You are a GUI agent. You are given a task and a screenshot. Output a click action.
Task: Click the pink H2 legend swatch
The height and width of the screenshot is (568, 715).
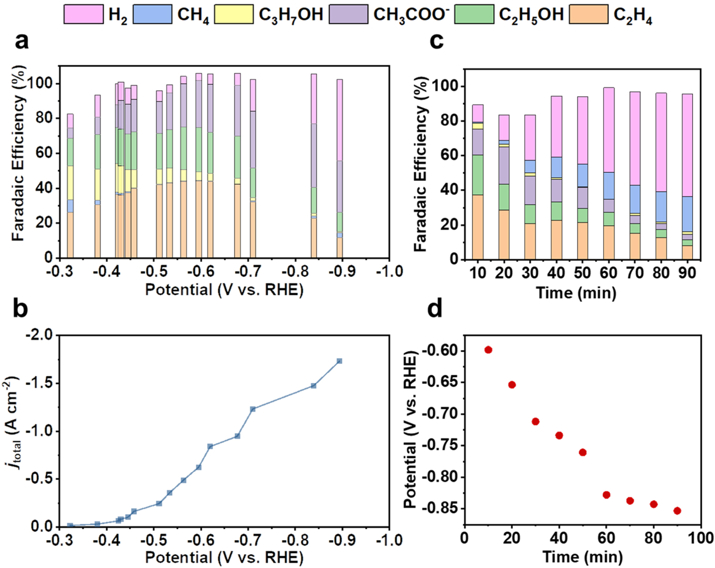(83, 14)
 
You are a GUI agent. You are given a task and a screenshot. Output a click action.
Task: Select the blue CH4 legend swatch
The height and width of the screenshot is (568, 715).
(153, 14)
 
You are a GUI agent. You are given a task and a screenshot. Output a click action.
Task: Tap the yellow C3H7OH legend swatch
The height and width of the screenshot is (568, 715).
(234, 14)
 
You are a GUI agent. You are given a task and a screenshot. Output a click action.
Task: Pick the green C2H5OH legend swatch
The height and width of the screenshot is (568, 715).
(474, 14)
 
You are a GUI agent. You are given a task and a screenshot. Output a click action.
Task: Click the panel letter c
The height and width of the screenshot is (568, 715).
(436, 41)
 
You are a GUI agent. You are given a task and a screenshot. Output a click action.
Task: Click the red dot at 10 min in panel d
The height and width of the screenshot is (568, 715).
(488, 350)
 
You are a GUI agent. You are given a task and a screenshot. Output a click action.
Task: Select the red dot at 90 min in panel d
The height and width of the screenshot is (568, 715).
(677, 511)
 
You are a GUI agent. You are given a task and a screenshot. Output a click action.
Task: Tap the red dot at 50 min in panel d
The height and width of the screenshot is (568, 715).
(582, 452)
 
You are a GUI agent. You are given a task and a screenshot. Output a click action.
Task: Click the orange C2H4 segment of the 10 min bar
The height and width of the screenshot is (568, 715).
(478, 227)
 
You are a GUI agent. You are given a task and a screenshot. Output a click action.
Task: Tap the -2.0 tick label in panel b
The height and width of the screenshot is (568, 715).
(42, 336)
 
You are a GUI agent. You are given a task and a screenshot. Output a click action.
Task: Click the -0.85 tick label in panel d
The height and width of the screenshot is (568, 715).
(439, 509)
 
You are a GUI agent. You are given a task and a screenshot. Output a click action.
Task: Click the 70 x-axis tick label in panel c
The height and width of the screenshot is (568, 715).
(635, 273)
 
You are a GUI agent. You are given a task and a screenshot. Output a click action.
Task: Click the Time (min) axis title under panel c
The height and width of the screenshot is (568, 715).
(576, 292)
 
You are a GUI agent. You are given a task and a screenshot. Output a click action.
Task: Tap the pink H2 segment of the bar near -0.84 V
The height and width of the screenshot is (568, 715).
(314, 98)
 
